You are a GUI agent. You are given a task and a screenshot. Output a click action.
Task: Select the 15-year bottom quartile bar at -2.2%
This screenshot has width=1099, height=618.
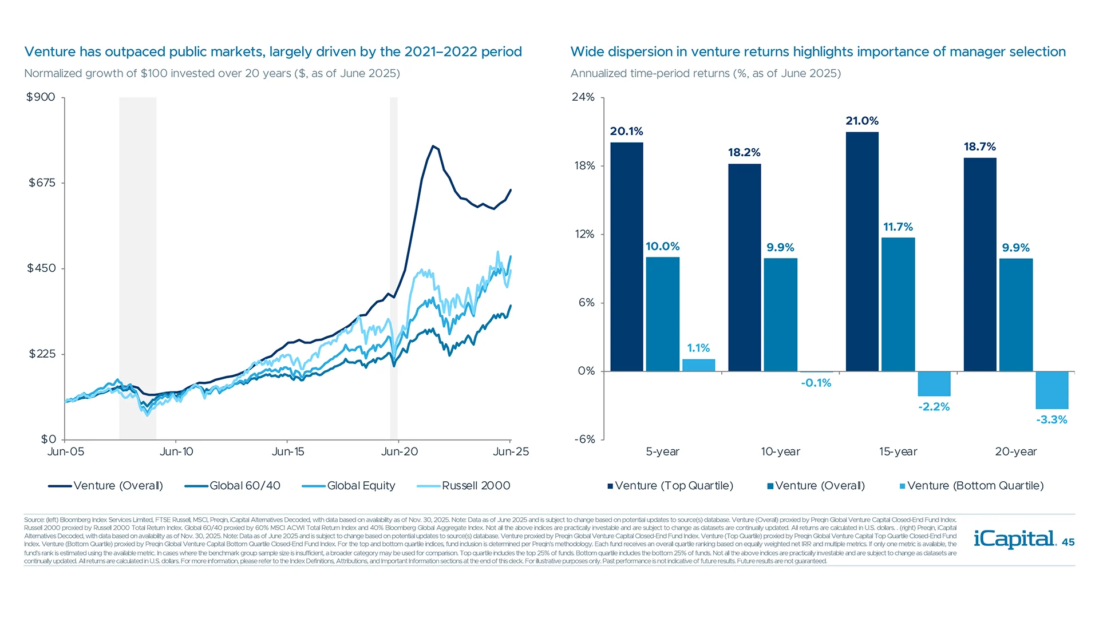934,383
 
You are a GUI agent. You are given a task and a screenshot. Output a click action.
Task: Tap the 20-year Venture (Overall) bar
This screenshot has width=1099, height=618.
1015,315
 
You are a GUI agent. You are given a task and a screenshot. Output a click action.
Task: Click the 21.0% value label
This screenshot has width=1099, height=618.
861,121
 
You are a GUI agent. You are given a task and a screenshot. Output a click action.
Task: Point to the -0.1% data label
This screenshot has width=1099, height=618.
816,383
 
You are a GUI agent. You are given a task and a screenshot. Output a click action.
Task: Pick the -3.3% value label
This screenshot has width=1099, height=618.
1051,419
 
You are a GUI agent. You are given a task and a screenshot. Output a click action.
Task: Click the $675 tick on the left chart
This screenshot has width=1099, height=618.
42,183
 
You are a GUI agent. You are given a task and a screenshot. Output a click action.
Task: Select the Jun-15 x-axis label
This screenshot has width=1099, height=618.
288,451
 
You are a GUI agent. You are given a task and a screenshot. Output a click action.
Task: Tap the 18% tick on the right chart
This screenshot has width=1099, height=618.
584,165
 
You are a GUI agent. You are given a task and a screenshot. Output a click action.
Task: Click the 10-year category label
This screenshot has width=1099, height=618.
780,451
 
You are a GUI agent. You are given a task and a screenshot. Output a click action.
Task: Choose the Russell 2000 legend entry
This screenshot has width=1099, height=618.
475,486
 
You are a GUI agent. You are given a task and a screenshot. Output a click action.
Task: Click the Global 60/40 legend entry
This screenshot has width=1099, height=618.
244,486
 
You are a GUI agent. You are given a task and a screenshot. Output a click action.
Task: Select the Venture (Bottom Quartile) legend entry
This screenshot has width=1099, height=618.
975,486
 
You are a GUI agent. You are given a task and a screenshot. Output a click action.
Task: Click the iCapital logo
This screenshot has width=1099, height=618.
1014,538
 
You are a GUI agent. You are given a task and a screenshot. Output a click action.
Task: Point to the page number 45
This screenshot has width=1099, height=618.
1068,542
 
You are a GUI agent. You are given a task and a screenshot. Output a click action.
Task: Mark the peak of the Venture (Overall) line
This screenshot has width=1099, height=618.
433,146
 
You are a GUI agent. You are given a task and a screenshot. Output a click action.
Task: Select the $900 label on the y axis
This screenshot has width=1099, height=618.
41,97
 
